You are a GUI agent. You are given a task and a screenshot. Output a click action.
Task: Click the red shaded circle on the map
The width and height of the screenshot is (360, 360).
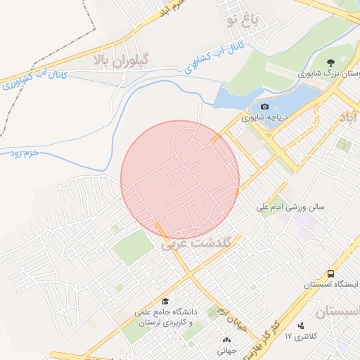(x=180, y=180)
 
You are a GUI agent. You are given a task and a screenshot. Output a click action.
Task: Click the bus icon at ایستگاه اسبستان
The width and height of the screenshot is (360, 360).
(x=330, y=274)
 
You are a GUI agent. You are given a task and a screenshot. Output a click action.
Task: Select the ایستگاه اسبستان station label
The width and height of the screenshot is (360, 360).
(x=331, y=285)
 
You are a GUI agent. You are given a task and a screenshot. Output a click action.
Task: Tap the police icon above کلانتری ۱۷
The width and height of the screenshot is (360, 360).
(x=302, y=326)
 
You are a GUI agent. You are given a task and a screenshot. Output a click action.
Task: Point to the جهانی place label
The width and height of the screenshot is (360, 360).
(x=225, y=349)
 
